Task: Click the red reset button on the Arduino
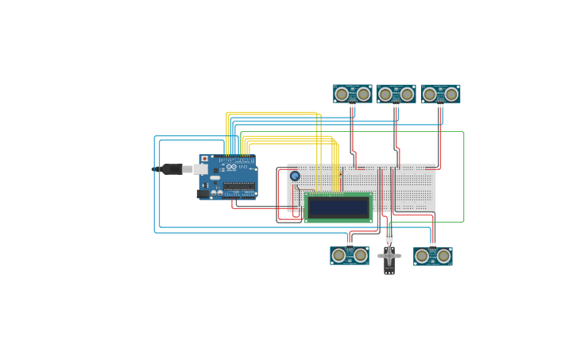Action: tap(204, 159)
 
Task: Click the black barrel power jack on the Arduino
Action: tap(203, 193)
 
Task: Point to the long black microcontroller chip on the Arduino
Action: tap(238, 186)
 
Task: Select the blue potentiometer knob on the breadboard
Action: tap(295, 176)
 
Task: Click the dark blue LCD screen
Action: tap(338, 207)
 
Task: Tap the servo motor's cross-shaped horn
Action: tap(389, 256)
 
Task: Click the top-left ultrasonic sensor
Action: tap(353, 94)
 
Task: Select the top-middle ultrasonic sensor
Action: tap(396, 94)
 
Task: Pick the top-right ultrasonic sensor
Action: tap(441, 94)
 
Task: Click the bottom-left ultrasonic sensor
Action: tap(350, 255)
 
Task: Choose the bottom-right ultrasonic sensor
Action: tap(433, 256)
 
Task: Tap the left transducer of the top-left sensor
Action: tap(342, 95)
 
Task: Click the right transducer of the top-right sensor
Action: tap(451, 95)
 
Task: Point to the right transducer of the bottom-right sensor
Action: tap(443, 256)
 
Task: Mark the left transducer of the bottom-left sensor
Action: tap(339, 255)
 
